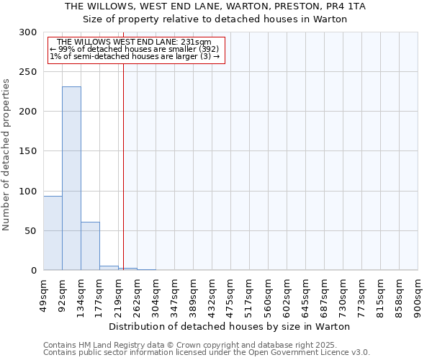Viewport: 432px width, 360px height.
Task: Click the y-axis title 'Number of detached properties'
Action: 6,155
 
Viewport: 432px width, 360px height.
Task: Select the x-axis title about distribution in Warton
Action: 230,326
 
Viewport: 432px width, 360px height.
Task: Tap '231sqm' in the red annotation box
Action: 196,42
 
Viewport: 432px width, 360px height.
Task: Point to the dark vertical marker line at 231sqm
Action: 123,158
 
